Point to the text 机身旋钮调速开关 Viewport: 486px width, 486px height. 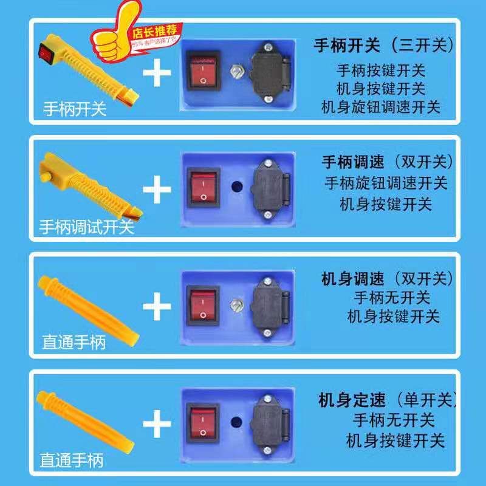(381, 107)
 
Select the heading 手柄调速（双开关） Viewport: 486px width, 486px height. (387, 162)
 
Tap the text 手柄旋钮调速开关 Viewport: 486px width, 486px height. (386, 182)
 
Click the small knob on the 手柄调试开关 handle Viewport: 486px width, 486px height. (46, 176)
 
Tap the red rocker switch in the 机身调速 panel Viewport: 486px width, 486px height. (202, 304)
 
